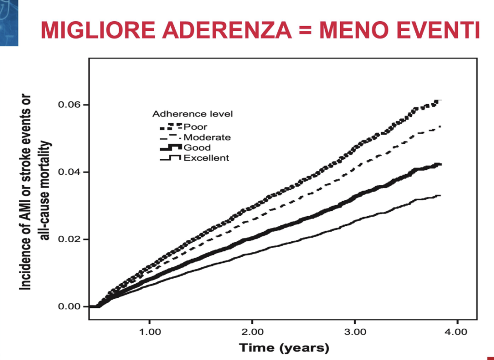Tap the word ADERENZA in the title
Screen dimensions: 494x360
[x=227, y=30]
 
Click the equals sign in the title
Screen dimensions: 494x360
[x=305, y=30]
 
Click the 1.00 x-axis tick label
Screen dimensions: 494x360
[x=150, y=332]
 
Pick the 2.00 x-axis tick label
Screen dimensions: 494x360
[x=252, y=332]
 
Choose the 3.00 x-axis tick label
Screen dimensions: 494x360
[x=355, y=332]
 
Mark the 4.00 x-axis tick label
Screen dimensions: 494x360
[x=457, y=332]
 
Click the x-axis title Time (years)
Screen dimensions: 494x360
[x=284, y=348]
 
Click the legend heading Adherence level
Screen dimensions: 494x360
[x=192, y=114]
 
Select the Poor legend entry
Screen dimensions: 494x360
[x=184, y=127]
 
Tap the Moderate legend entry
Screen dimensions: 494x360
[x=195, y=138]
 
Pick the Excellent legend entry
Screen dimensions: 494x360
[x=194, y=158]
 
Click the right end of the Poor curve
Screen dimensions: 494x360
[x=441, y=100]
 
